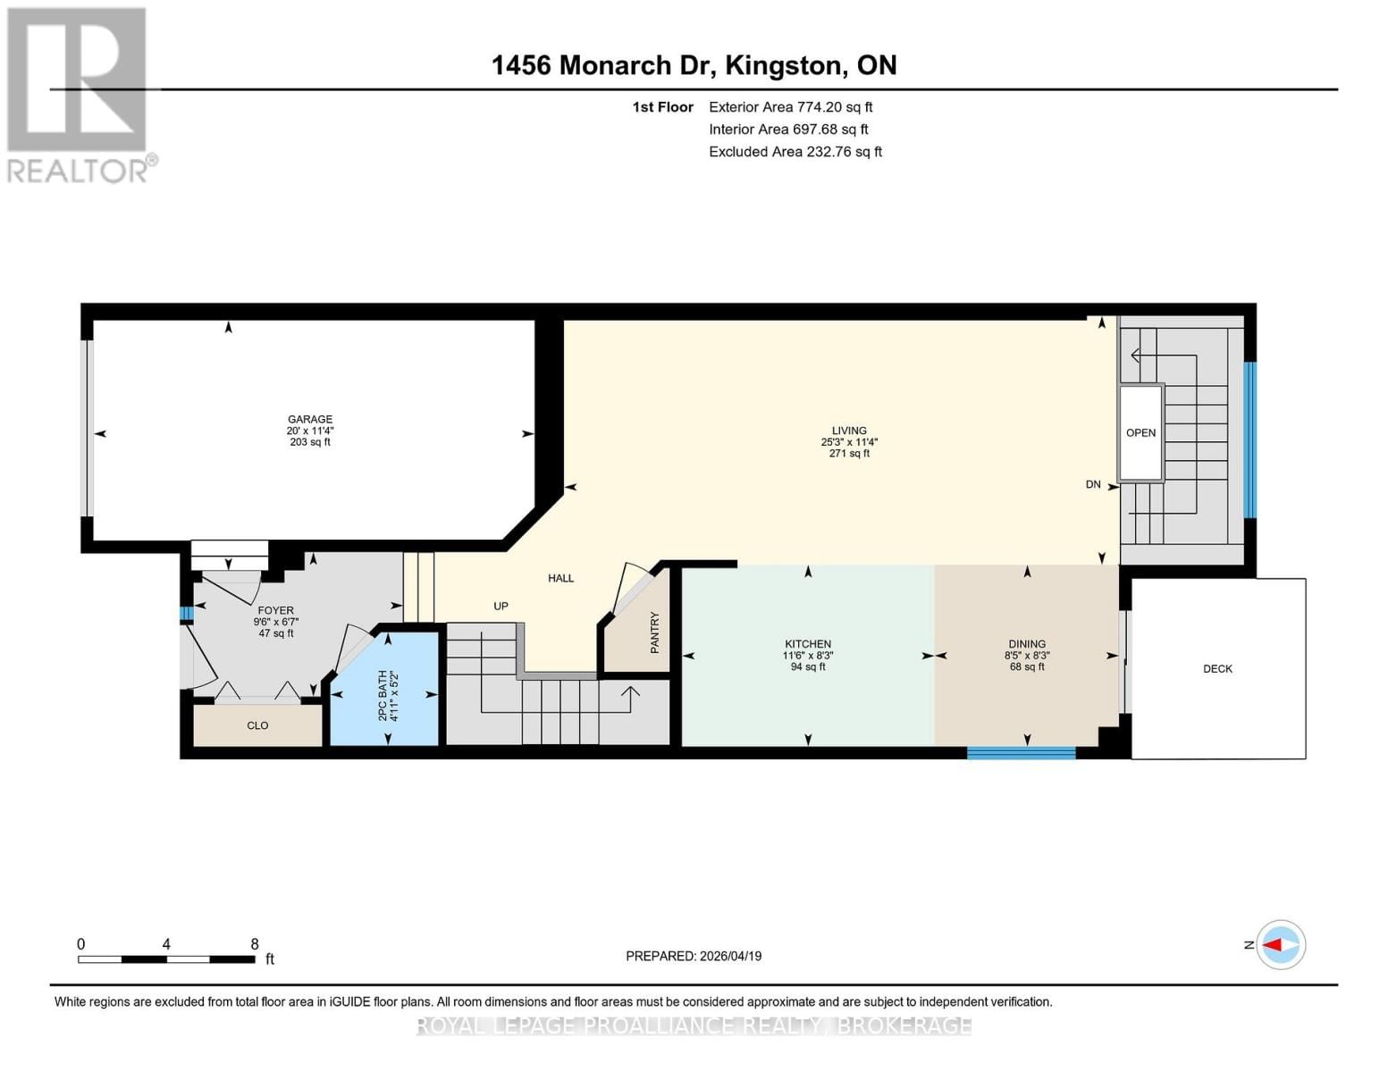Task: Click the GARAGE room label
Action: pos(309,420)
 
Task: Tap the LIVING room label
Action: pos(848,431)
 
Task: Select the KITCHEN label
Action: pos(807,644)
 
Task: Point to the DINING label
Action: pos(1026,644)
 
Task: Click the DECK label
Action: pos(1217,669)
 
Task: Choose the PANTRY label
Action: pos(655,632)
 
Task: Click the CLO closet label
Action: pos(257,725)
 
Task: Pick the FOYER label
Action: pos(275,611)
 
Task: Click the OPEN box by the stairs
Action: pos(1140,433)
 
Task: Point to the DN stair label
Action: pos(1093,485)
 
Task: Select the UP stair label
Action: pos(501,607)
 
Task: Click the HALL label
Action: pos(560,578)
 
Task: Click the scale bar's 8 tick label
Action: pos(255,944)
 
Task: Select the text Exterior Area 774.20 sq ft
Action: pos(790,107)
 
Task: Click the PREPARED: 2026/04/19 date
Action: pos(694,956)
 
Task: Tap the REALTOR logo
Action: pos(79,94)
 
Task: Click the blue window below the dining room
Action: pos(1021,754)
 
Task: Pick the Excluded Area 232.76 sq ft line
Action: pos(795,152)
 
